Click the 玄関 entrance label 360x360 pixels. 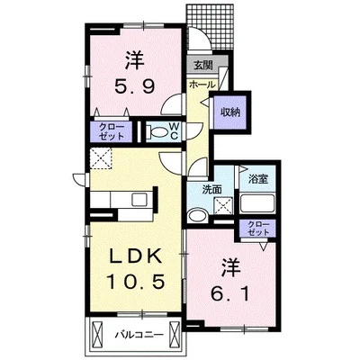coord(203,66)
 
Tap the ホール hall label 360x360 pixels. coord(202,85)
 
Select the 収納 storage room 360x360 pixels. coord(230,112)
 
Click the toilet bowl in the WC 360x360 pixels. coord(157,132)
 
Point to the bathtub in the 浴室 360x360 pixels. coord(257,203)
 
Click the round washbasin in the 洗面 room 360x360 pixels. coord(197,216)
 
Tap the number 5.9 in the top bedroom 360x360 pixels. coord(135,86)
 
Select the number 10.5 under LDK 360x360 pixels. coord(136,282)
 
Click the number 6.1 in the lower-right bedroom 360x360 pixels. coord(230,295)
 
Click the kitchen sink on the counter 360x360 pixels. coord(139,200)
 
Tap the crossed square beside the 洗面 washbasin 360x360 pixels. coord(224,205)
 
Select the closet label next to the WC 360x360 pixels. coord(112,131)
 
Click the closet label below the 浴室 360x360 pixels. coord(257,228)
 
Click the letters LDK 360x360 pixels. coord(136,256)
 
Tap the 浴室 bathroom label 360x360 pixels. coord(257,179)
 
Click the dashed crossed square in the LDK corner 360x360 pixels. coord(101,158)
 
